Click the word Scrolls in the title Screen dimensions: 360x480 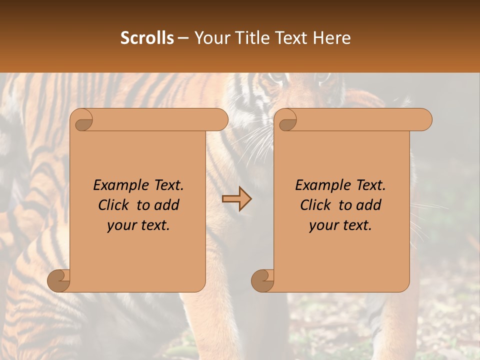tap(147, 38)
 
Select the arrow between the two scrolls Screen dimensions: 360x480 tap(236, 198)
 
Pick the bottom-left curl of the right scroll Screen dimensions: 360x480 tap(262, 280)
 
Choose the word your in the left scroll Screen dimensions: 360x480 tap(121, 225)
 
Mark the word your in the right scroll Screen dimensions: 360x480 tap(323, 225)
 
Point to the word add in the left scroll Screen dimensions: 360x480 tap(167, 205)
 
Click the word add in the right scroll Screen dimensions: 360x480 tap(369, 205)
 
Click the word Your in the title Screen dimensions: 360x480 tap(209, 38)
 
